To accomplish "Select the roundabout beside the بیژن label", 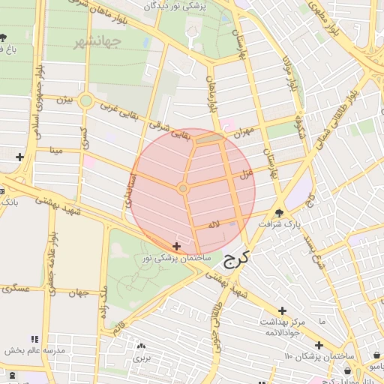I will click(86, 100).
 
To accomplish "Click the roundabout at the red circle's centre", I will click(183, 187).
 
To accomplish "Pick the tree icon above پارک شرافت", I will click(279, 212).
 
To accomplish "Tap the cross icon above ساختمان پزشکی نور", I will click(176, 246).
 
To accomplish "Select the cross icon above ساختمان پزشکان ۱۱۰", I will click(319, 345).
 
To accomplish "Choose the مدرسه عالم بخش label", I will click(32, 351).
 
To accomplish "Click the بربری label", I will click(142, 358).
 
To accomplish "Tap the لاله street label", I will click(214, 224).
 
